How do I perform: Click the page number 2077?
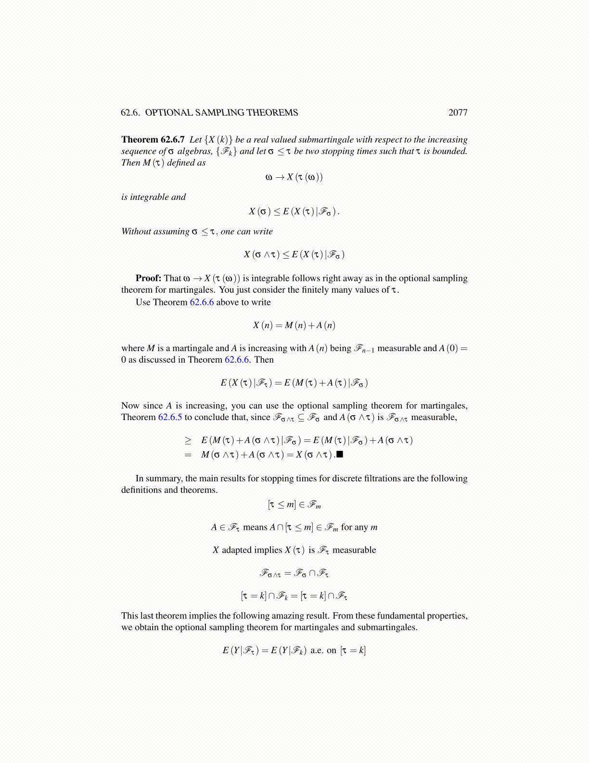tap(458, 113)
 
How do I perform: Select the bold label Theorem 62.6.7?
tap(153, 140)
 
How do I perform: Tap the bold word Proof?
tap(148, 278)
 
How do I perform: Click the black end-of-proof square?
tap(340, 454)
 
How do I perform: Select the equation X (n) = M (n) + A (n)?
tap(294, 325)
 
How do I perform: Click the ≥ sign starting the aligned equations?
tap(188, 440)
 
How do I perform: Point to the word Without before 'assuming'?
tap(136, 232)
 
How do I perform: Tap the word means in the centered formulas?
tap(255, 527)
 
